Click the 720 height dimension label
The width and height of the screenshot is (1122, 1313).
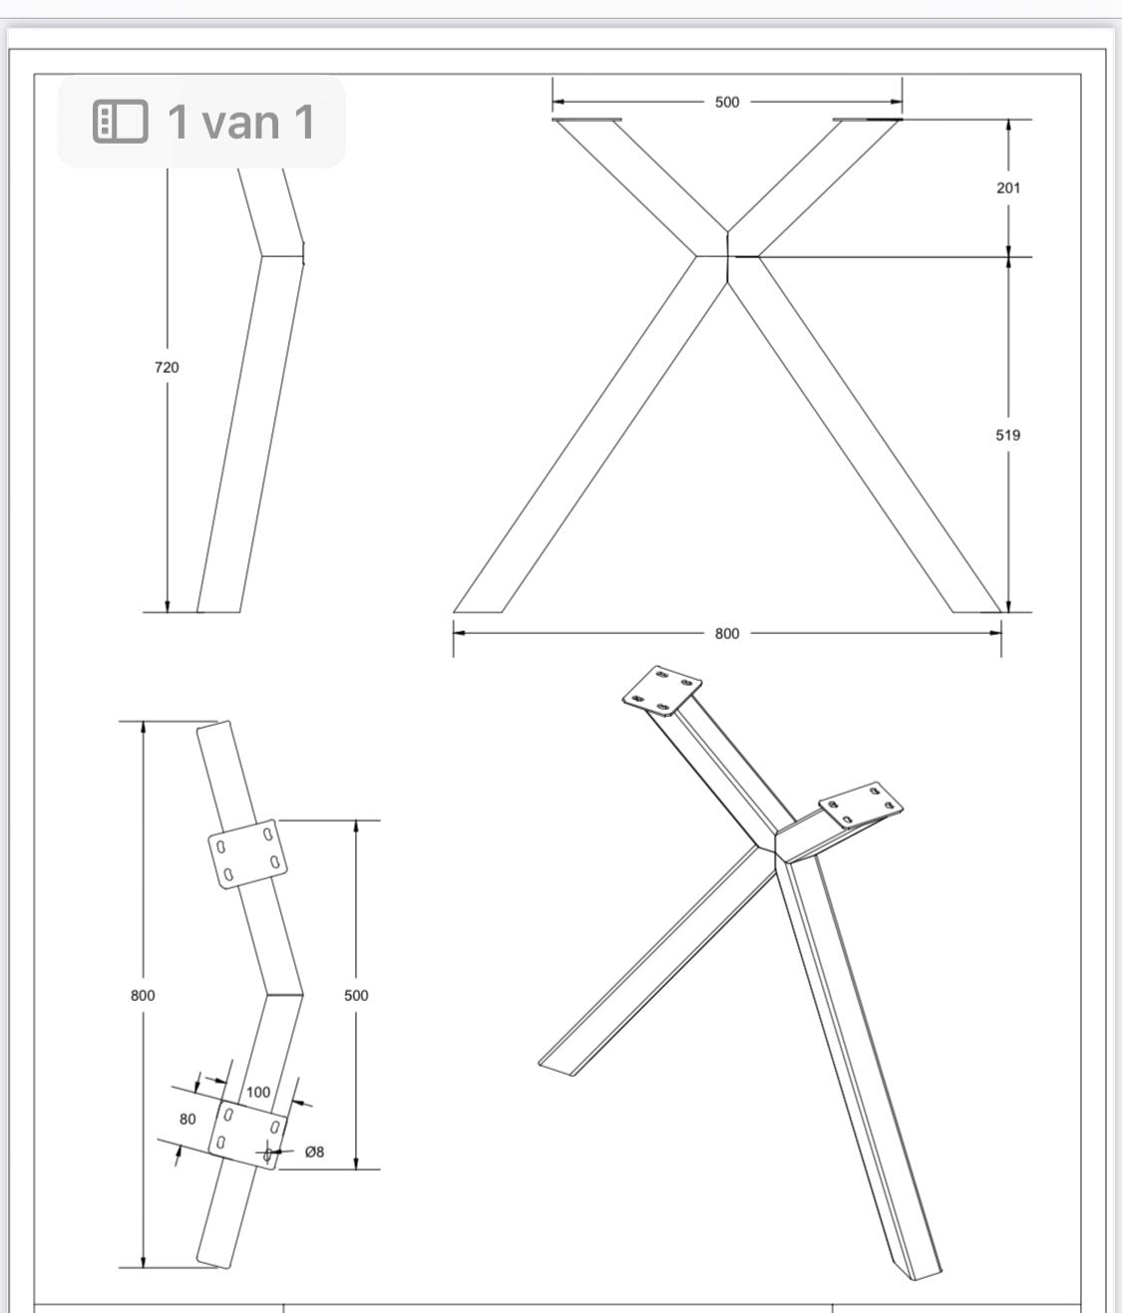click(x=167, y=367)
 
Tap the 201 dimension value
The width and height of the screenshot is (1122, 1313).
click(x=1008, y=188)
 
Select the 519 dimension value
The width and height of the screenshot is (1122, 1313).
click(x=1008, y=435)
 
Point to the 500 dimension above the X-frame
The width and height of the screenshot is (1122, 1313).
click(x=727, y=103)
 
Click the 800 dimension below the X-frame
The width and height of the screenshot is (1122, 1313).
click(x=727, y=633)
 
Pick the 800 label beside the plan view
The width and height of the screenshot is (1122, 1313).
click(x=143, y=995)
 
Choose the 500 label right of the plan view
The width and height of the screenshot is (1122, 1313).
click(x=356, y=995)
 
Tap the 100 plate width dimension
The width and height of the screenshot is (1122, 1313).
click(x=258, y=1092)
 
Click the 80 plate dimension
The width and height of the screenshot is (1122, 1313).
click(x=187, y=1119)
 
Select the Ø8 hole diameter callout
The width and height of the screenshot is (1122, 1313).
click(x=314, y=1151)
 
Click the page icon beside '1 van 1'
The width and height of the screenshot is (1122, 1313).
click(x=120, y=122)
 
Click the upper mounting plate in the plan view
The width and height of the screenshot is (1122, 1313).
click(x=247, y=853)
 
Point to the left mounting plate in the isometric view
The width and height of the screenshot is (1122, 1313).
click(x=662, y=691)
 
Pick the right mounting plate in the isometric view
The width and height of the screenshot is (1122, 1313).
click(x=862, y=805)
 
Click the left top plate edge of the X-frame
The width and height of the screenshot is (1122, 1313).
click(x=587, y=119)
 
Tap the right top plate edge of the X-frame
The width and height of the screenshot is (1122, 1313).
click(x=868, y=119)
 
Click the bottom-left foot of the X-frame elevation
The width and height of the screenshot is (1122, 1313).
click(x=478, y=612)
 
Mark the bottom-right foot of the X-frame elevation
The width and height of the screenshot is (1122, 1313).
click(x=977, y=612)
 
